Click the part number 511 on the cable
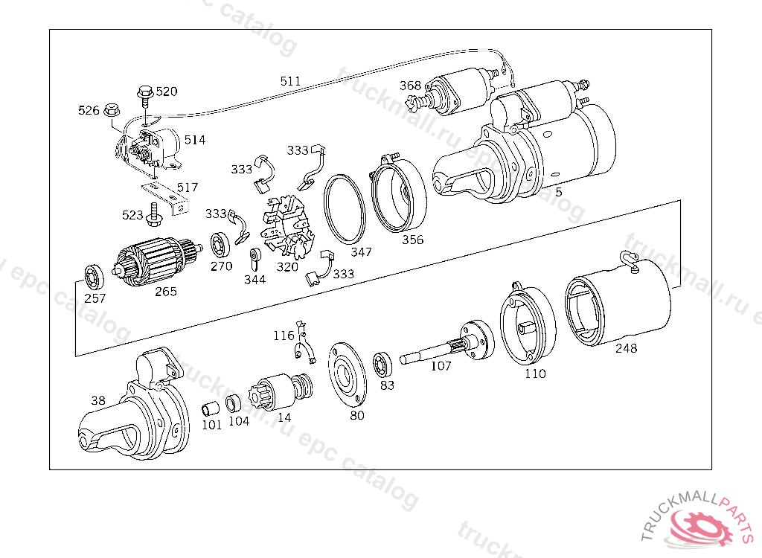click(291, 80)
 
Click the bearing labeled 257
click(94, 275)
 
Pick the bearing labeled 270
click(221, 244)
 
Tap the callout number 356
click(412, 240)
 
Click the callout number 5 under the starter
click(558, 192)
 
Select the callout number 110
click(535, 373)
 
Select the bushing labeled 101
click(211, 408)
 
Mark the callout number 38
click(98, 400)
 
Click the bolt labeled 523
click(154, 215)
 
